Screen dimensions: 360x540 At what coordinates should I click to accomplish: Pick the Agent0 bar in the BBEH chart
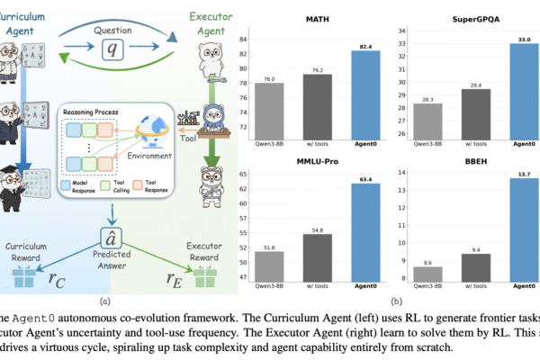point(510,229)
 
